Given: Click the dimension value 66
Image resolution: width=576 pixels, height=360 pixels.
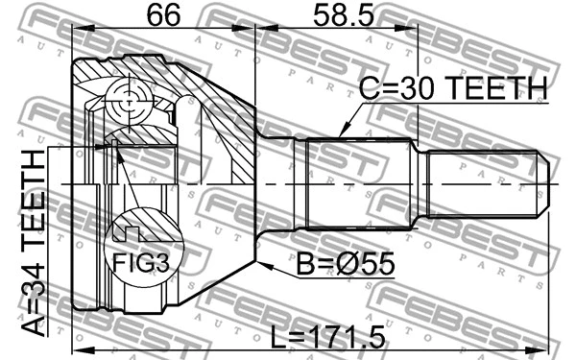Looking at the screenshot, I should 163,15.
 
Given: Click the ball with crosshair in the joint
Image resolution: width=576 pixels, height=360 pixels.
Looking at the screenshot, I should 128,99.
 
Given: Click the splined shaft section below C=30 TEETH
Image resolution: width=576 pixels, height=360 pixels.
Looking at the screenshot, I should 361,181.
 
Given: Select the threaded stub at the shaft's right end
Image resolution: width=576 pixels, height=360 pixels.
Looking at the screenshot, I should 485,181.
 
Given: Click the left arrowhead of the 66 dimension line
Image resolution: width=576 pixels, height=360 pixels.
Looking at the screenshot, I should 78,33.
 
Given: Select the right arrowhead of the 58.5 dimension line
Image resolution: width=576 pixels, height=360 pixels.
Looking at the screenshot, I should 417,33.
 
